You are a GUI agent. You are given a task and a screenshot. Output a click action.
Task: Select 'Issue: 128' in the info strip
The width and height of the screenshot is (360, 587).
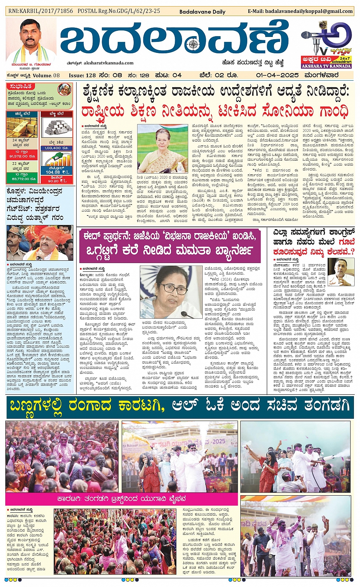(82, 75)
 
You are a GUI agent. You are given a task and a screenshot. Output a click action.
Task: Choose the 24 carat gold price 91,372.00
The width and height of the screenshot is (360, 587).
(22, 156)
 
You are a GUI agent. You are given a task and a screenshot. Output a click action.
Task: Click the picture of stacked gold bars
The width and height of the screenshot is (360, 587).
(22, 128)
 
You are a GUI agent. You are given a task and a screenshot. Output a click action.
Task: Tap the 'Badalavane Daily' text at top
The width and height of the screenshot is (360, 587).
(202, 12)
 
